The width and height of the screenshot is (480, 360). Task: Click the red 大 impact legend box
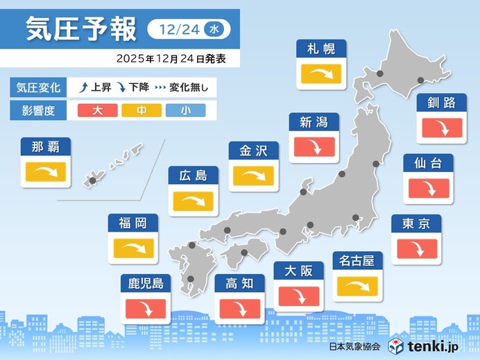tap(97, 110)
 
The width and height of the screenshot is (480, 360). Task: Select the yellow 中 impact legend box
tap(142, 110)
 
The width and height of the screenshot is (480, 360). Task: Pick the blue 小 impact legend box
tap(185, 110)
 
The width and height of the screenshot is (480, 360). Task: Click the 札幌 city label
tap(321, 49)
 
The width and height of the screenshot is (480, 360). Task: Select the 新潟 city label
tap(314, 123)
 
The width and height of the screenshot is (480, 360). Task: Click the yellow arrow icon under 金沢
tap(254, 175)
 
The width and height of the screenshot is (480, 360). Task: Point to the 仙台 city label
tap(429, 164)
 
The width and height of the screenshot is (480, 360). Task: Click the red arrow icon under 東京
tap(416, 248)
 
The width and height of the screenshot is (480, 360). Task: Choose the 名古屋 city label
tap(358, 261)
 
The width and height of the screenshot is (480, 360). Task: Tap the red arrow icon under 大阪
tap(299, 295)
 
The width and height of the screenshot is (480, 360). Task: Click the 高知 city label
tap(239, 282)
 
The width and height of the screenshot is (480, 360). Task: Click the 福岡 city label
tap(133, 223)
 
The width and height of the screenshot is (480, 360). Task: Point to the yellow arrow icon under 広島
tap(194, 201)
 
